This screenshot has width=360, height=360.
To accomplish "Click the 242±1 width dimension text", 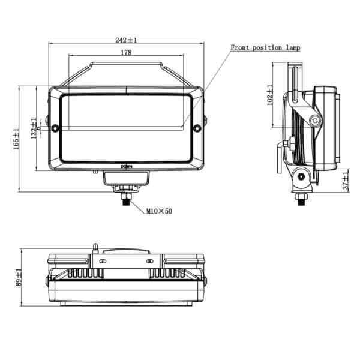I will click(127, 40).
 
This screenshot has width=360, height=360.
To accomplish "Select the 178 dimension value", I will click(126, 53).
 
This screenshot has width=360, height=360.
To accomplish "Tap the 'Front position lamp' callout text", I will click(265, 47).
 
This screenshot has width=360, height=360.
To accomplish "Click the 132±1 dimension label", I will click(34, 127).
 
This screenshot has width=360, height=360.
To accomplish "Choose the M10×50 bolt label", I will click(159, 211).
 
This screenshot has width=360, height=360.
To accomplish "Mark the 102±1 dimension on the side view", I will click(270, 97).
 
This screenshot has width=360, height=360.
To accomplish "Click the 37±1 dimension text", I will click(345, 181).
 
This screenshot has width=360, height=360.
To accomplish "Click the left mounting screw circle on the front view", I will click(55, 128).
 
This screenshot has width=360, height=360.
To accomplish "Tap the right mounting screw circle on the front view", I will click(197, 128).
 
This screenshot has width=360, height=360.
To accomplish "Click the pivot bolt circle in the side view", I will click(314, 121).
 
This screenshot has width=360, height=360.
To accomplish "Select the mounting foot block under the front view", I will click(125, 178).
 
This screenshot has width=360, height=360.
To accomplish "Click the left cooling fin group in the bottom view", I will click(84, 273).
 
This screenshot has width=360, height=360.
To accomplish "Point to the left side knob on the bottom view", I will click(47, 281).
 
